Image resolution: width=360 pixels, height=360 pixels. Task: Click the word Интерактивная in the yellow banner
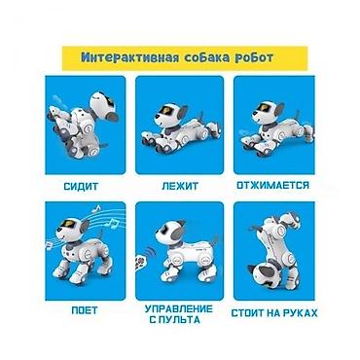129,57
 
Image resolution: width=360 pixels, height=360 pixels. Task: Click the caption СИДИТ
81,187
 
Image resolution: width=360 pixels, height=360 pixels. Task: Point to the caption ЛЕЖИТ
180,186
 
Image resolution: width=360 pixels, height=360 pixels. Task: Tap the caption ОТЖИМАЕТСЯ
273,186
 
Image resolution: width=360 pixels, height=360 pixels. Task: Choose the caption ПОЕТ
85,310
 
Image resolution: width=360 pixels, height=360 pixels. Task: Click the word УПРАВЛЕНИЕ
179,308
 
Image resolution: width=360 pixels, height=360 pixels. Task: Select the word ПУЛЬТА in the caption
179,320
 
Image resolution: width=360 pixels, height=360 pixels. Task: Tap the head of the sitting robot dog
103,107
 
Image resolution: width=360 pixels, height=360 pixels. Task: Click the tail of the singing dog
100,234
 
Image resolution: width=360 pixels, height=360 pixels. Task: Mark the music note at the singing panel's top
96,208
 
